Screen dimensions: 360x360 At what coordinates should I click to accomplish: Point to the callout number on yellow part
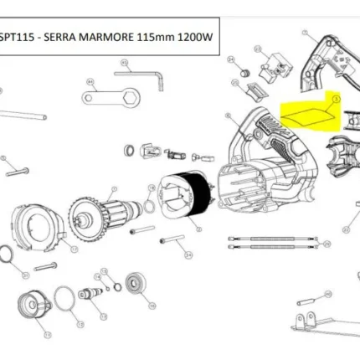click(x=337, y=98)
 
